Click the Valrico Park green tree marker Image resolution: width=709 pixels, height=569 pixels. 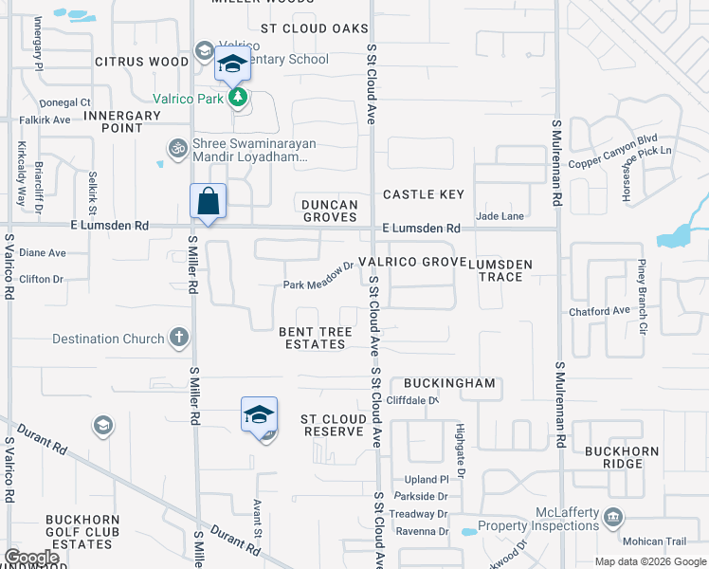[x=238, y=97]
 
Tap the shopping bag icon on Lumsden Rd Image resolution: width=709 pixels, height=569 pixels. [x=208, y=201]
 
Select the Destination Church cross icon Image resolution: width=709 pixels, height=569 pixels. [x=179, y=338]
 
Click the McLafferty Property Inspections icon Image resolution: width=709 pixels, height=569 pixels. [x=613, y=518]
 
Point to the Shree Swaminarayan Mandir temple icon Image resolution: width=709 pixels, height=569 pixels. [x=176, y=147]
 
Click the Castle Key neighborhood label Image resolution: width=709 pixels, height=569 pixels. [x=424, y=194]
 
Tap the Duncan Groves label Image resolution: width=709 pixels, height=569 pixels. [x=330, y=211]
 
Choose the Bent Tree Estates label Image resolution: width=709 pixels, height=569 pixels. [x=316, y=339]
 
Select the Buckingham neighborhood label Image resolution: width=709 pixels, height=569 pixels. [x=449, y=383]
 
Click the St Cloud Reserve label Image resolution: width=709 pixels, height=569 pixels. [x=333, y=425]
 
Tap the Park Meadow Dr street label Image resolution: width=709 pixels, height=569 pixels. [x=318, y=284]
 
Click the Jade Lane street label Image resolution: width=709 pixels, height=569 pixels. [x=500, y=216]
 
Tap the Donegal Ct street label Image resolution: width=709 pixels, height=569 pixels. [x=64, y=102]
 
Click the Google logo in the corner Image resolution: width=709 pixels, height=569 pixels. [x=31, y=558]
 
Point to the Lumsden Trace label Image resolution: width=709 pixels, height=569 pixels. [x=500, y=270]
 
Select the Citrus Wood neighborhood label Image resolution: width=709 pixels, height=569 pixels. [x=142, y=62]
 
